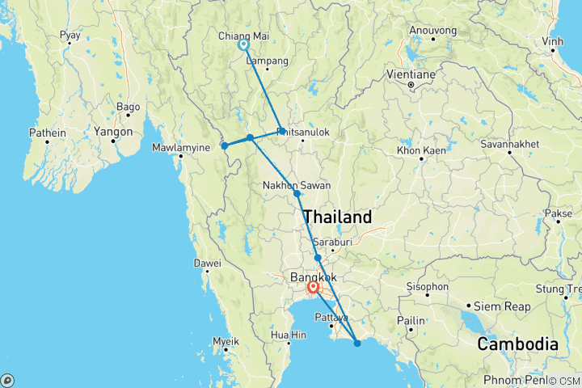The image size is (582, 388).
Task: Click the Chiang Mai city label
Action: [242, 36]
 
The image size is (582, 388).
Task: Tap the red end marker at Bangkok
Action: [313, 286]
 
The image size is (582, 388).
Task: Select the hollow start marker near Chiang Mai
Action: [242, 45]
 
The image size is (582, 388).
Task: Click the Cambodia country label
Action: [518, 344]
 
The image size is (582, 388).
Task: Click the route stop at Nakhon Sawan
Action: [297, 194]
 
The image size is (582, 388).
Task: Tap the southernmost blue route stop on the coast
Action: [357, 344]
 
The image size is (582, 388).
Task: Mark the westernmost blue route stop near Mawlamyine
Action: [224, 146]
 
